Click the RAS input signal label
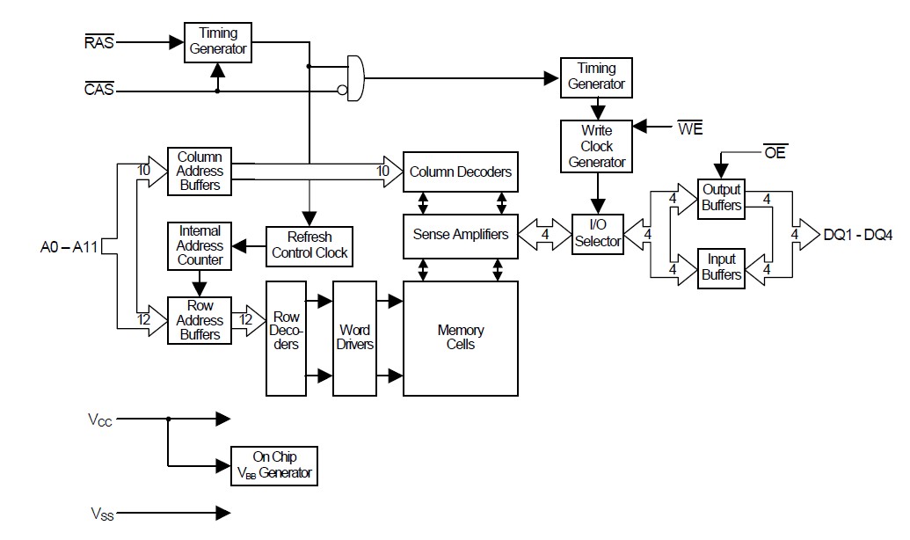click(99, 40)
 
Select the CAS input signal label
click(99, 90)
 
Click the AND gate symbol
click(354, 78)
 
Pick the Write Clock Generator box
click(597, 146)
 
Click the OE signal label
click(775, 153)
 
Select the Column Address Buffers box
click(200, 171)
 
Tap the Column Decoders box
click(460, 171)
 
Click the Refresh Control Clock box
click(309, 245)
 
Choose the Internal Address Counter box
click(200, 245)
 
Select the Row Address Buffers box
click(200, 321)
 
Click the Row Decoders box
click(286, 338)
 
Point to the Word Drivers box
click(354, 338)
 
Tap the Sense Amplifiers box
click(461, 235)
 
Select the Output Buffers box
click(721, 198)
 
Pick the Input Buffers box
click(721, 267)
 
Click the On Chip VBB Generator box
click(273, 465)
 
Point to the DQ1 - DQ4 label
click(858, 235)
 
